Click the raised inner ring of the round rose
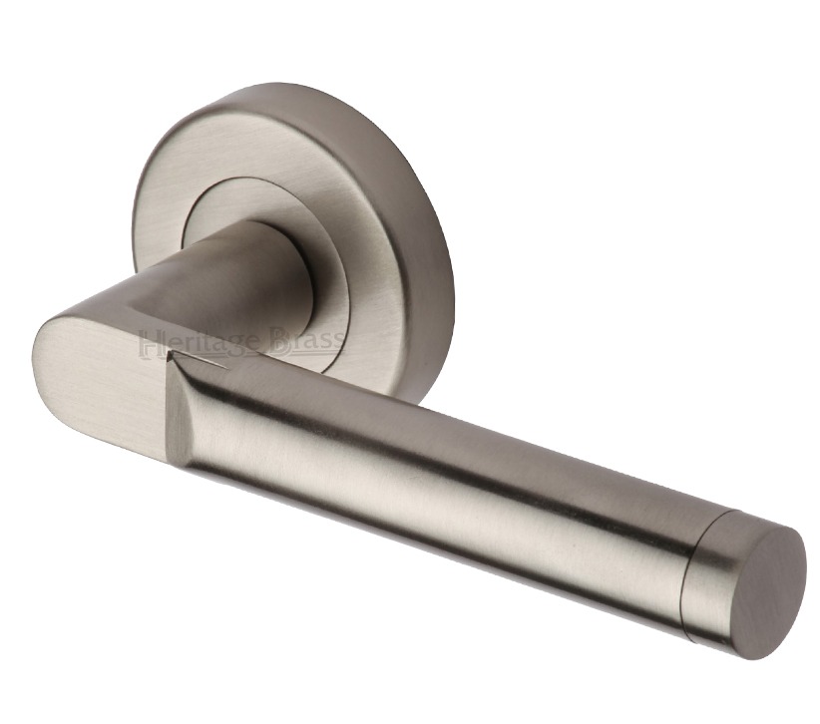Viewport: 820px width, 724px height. tap(214, 204)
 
